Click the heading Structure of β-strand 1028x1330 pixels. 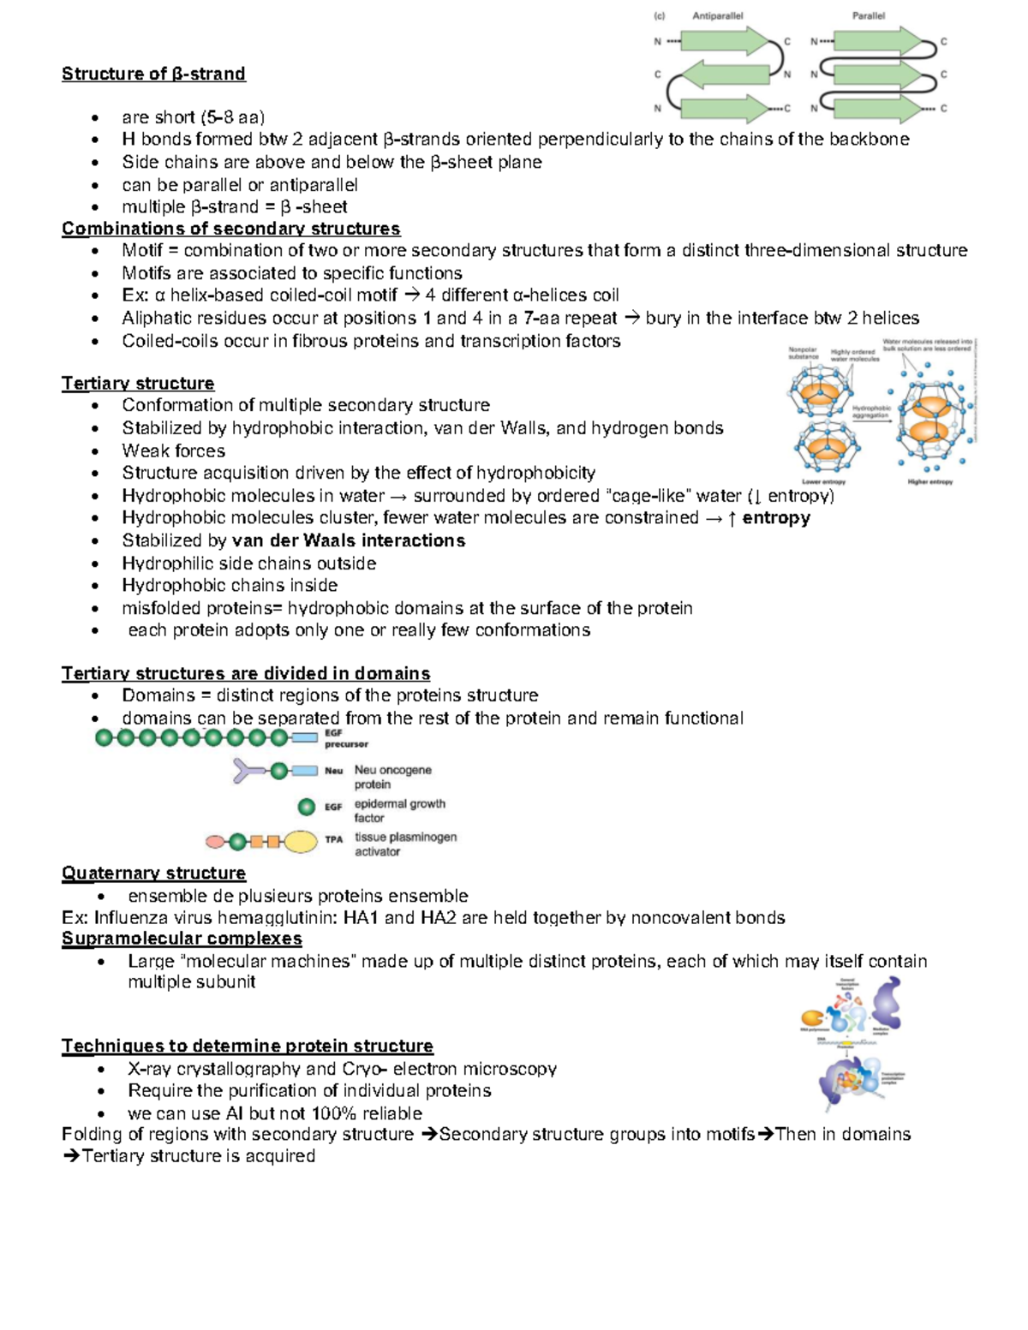coord(153,74)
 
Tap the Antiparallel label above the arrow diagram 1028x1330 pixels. coord(717,15)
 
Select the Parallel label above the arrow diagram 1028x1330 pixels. coord(868,15)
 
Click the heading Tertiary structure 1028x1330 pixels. coord(138,383)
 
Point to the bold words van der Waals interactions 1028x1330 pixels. coord(349,540)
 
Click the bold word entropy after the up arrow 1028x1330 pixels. coord(776,517)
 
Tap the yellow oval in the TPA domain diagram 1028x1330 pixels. coord(301,842)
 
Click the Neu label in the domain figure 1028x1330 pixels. coord(333,771)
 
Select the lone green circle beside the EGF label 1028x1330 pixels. coord(307,807)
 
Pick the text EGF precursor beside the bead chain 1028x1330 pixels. coord(345,739)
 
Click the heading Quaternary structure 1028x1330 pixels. coord(153,873)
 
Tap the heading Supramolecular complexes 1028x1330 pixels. coord(182,938)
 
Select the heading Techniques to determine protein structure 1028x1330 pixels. coord(247,1046)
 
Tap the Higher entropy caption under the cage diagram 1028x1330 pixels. coord(929,481)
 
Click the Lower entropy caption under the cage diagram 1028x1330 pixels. coord(822,481)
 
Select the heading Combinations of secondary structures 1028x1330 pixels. coord(230,229)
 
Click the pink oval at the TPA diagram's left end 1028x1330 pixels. coord(215,842)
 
